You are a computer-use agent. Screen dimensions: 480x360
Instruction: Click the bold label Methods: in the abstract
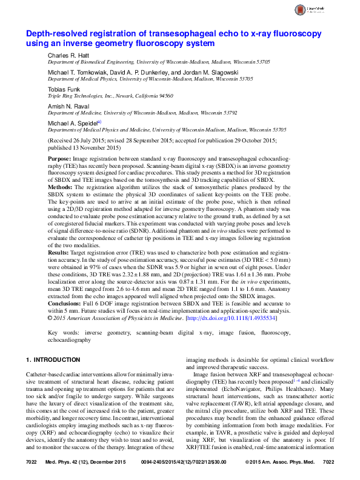60,187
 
